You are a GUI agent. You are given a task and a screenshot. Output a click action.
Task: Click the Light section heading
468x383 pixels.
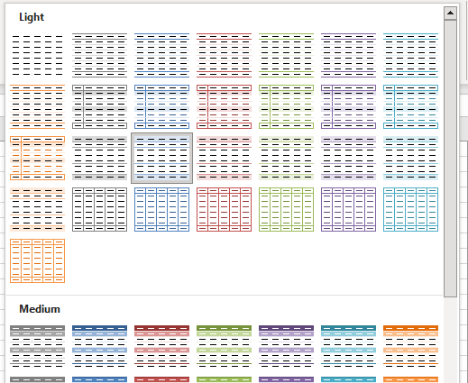[32, 17]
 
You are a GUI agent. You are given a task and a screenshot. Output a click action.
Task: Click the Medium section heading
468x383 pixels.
[39, 308]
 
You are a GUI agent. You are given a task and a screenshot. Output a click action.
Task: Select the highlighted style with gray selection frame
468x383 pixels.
[161, 158]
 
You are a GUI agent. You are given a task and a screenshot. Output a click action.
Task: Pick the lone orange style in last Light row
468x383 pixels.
[37, 260]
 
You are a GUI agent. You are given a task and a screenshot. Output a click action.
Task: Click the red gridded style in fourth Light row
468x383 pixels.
[224, 209]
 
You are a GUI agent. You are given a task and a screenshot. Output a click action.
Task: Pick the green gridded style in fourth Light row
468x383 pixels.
[286, 209]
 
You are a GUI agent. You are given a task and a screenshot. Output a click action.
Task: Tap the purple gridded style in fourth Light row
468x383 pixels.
[348, 209]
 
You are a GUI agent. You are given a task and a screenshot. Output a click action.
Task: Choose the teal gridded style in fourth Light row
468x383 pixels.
[410, 209]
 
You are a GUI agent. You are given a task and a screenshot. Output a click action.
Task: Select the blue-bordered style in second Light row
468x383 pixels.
[161, 106]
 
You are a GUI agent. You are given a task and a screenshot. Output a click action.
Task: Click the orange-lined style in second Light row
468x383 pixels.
[37, 106]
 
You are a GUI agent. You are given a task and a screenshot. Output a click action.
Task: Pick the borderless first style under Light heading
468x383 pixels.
[37, 55]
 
